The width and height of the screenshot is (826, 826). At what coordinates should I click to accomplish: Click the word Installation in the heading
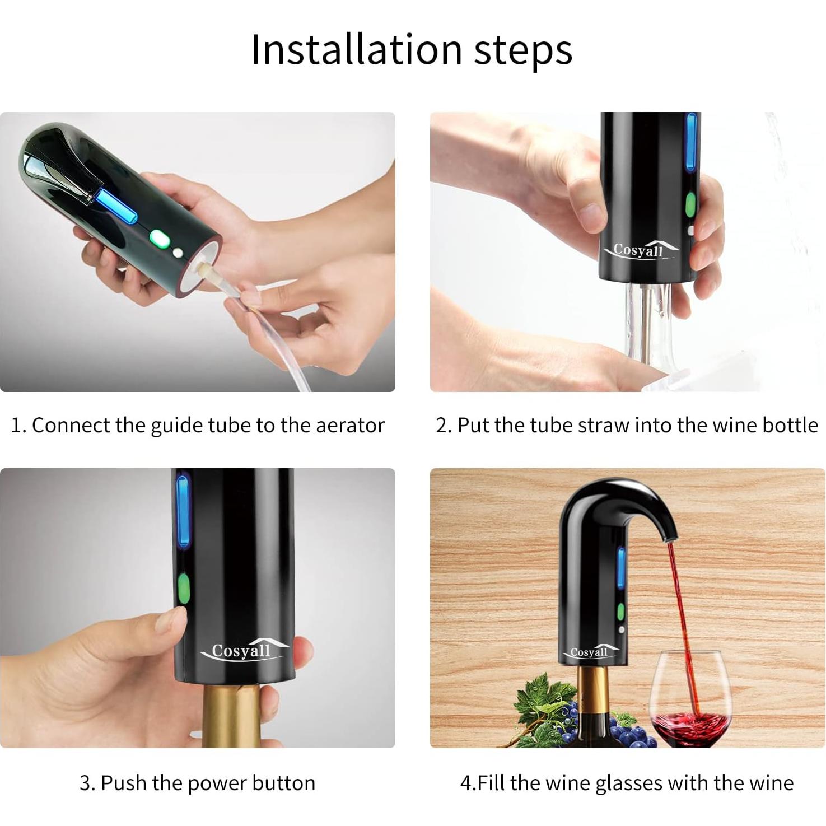point(356,50)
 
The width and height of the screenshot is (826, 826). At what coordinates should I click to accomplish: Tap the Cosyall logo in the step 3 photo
point(242,651)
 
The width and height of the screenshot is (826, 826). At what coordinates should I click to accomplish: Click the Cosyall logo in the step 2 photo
point(639,250)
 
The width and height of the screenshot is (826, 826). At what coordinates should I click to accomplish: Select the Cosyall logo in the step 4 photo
point(589,652)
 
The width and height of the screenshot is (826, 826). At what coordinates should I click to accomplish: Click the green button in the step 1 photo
point(159,240)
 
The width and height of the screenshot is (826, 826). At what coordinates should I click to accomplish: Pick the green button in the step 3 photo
point(183,589)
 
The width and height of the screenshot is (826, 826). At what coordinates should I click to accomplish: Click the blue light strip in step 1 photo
point(116,206)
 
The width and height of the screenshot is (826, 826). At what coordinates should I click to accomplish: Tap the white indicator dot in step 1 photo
point(178,253)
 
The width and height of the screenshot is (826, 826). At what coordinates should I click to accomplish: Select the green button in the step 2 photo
point(690,205)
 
